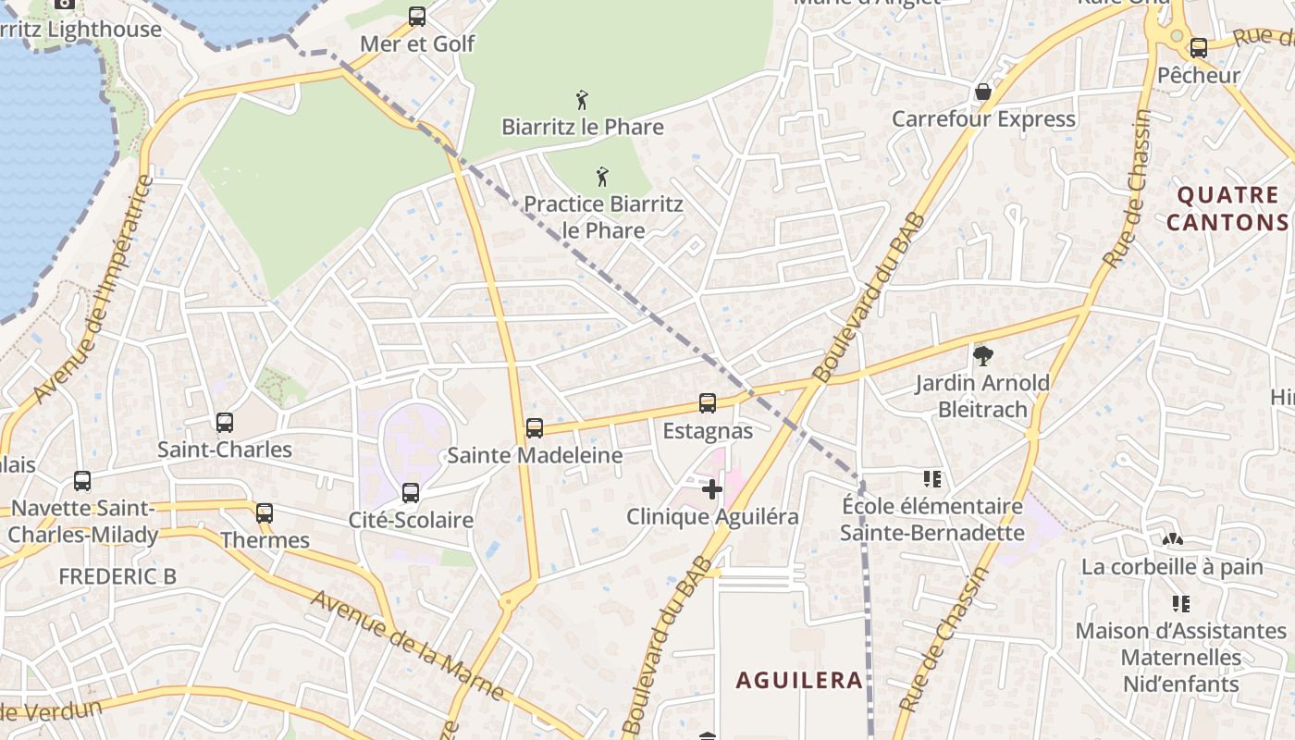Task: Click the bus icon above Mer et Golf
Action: coord(417,17)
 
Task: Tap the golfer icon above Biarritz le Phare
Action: coord(582,99)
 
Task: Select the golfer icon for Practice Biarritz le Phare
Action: coord(602,176)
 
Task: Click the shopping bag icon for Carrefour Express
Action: coord(982,92)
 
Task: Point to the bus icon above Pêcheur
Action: coord(1199,48)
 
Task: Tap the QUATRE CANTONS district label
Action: coord(1227,208)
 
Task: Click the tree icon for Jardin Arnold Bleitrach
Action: coord(982,355)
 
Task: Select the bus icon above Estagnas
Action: coord(708,403)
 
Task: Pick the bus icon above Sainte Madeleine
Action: coord(535,428)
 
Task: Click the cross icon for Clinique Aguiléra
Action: coord(711,488)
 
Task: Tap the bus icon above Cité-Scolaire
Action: coord(411,493)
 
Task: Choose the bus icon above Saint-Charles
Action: coord(225,423)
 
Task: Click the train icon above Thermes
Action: coord(265,512)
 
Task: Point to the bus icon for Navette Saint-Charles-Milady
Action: coord(82,481)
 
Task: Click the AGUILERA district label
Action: coord(799,681)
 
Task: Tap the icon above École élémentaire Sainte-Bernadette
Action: coord(932,479)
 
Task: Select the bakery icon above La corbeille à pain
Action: coord(1172,538)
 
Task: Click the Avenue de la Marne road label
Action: coord(407,644)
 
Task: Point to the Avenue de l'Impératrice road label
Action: coord(91,290)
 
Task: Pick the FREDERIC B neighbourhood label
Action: coord(117,576)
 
